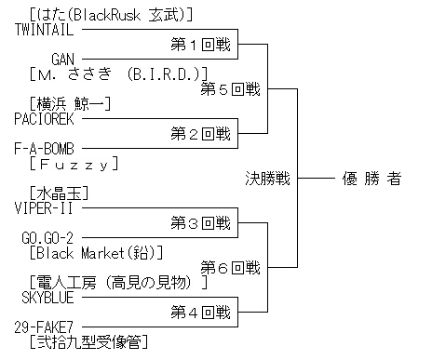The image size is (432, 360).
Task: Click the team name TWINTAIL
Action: pyautogui.click(x=44, y=30)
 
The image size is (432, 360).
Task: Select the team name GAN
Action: pyautogui.click(x=63, y=60)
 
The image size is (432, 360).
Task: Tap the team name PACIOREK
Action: pyautogui.click(x=44, y=119)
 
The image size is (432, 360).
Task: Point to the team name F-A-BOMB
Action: pyautogui.click(x=44, y=149)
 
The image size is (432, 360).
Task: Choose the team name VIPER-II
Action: pyautogui.click(x=44, y=208)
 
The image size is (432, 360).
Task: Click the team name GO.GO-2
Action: pyautogui.click(x=47, y=238)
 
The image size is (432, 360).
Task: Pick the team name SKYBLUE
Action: pyautogui.click(x=47, y=298)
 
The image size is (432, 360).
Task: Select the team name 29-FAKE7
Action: pyautogui.click(x=44, y=327)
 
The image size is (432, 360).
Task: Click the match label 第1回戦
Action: pyautogui.click(x=201, y=45)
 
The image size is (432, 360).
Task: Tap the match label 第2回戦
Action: pyautogui.click(x=201, y=134)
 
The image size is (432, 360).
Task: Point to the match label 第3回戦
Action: pyautogui.click(x=201, y=223)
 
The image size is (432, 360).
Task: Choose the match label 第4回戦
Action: pyautogui.click(x=201, y=313)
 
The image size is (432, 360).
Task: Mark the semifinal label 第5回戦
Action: pyautogui.click(x=231, y=89)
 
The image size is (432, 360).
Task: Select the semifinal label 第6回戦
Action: pyautogui.click(x=231, y=268)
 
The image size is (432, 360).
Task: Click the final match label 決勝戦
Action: pyautogui.click(x=268, y=179)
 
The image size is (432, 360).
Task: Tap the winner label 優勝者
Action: pyautogui.click(x=371, y=179)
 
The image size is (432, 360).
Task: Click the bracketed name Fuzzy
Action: pyautogui.click(x=74, y=164)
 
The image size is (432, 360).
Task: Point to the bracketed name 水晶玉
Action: pyautogui.click(x=60, y=193)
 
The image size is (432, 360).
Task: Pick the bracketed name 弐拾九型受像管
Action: pyautogui.click(x=88, y=342)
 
